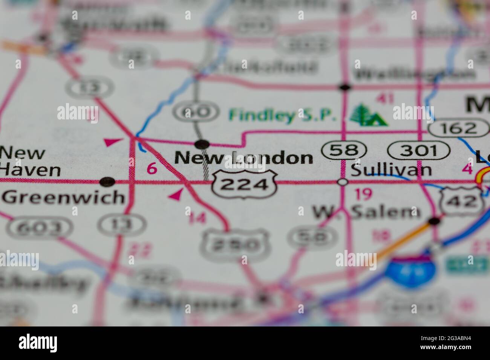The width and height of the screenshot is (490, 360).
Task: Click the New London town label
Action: click(244, 158)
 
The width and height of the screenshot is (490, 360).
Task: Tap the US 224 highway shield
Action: click(245, 184)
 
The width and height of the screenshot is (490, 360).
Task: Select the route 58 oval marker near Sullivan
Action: click(344, 150)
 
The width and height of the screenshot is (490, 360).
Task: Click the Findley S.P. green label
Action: click(283, 115)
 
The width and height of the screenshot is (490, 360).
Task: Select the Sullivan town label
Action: click(391, 170)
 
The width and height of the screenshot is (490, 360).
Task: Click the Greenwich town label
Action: click(63, 197)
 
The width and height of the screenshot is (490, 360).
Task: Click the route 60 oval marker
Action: click(196, 112)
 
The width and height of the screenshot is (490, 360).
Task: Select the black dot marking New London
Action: click(202, 143)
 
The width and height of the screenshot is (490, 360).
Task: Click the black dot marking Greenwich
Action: click(108, 182)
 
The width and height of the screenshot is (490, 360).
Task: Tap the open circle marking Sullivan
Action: click(343, 182)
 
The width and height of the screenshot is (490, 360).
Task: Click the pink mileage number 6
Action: click(152, 169)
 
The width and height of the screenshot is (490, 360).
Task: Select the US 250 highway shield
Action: click(235, 245)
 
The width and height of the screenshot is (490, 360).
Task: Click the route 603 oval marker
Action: click(40, 227)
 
